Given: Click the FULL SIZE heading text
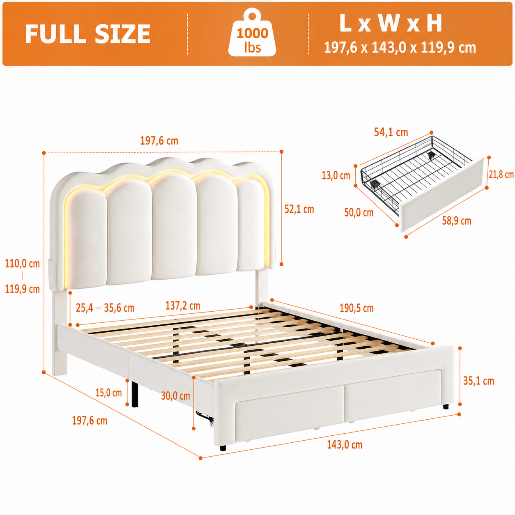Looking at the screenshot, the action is (87, 34).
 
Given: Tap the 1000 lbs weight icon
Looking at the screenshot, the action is (252, 32).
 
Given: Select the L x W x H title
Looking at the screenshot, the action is (391, 23).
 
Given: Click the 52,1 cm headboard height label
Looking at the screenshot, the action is (299, 209).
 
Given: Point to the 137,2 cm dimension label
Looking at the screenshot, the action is (183, 306).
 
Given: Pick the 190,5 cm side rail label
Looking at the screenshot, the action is (356, 308).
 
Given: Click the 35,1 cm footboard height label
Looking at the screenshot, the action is (478, 381).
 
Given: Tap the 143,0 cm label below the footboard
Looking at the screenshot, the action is (345, 445).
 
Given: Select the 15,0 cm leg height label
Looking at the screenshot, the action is (108, 393).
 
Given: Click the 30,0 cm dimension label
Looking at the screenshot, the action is (175, 396).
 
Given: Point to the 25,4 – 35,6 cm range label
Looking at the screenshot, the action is (105, 308).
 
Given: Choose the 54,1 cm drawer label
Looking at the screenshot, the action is (391, 132).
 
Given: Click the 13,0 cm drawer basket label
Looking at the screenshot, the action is (336, 176).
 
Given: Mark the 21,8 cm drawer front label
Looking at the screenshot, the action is (501, 175).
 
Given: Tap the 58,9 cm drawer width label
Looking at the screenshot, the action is (456, 221).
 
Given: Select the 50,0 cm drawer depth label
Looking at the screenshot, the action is (359, 212).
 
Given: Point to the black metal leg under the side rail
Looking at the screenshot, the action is (135, 393).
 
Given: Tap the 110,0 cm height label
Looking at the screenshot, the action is (23, 264).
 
